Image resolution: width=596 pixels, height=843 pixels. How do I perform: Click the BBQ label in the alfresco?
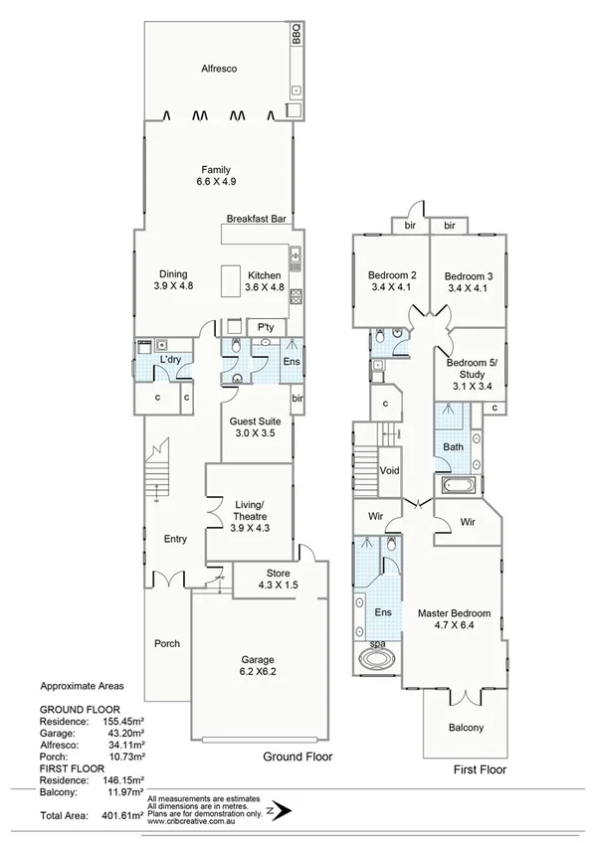tap(296, 36)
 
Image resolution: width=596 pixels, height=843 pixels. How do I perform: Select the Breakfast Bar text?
tap(257, 218)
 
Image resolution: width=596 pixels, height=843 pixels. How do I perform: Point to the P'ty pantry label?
tap(266, 327)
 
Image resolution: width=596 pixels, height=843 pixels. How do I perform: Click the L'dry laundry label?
tap(169, 359)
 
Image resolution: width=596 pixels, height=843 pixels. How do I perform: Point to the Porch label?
tap(167, 643)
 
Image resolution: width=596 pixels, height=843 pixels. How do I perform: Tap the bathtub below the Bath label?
tap(459, 487)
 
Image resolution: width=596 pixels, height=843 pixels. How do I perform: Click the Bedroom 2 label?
tap(392, 281)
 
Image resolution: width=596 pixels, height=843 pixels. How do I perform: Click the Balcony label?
tap(464, 728)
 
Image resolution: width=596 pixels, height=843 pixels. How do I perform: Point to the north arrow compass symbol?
tap(285, 811)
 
